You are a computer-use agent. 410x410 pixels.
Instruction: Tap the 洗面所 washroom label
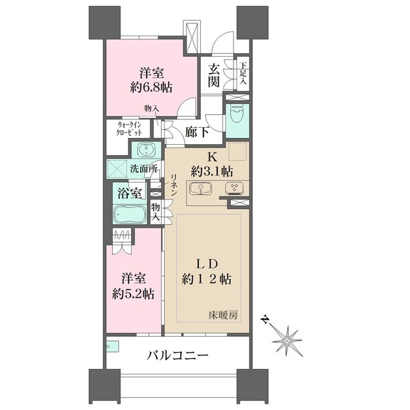(144, 168)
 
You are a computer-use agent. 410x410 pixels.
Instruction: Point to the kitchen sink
(202, 189)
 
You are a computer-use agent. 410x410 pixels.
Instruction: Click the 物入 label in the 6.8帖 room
(152, 108)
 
